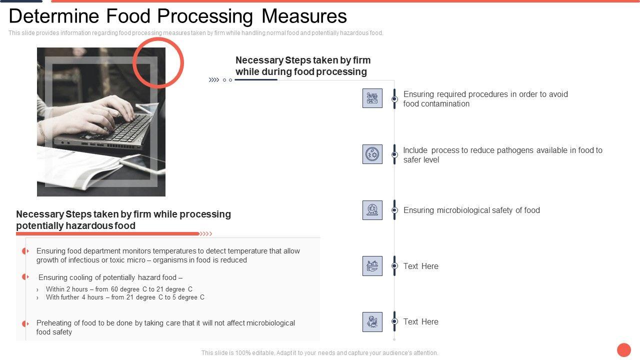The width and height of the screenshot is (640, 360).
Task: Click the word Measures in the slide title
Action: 304,16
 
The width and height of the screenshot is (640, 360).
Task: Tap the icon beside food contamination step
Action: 372,98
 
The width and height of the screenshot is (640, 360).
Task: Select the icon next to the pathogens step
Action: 372,154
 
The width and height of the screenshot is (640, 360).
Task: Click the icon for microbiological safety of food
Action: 372,210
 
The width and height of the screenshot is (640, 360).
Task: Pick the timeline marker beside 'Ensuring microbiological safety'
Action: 394,210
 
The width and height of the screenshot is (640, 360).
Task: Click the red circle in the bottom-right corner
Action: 623,349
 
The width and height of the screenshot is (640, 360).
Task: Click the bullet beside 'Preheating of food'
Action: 25,323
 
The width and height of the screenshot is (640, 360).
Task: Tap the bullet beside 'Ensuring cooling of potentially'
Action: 25,277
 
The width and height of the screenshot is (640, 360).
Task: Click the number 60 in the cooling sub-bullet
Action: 114,289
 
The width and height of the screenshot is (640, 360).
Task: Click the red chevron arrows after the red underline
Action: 205,234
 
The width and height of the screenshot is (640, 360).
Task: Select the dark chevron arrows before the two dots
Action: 214,80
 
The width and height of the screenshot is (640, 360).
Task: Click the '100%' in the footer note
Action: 243,353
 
